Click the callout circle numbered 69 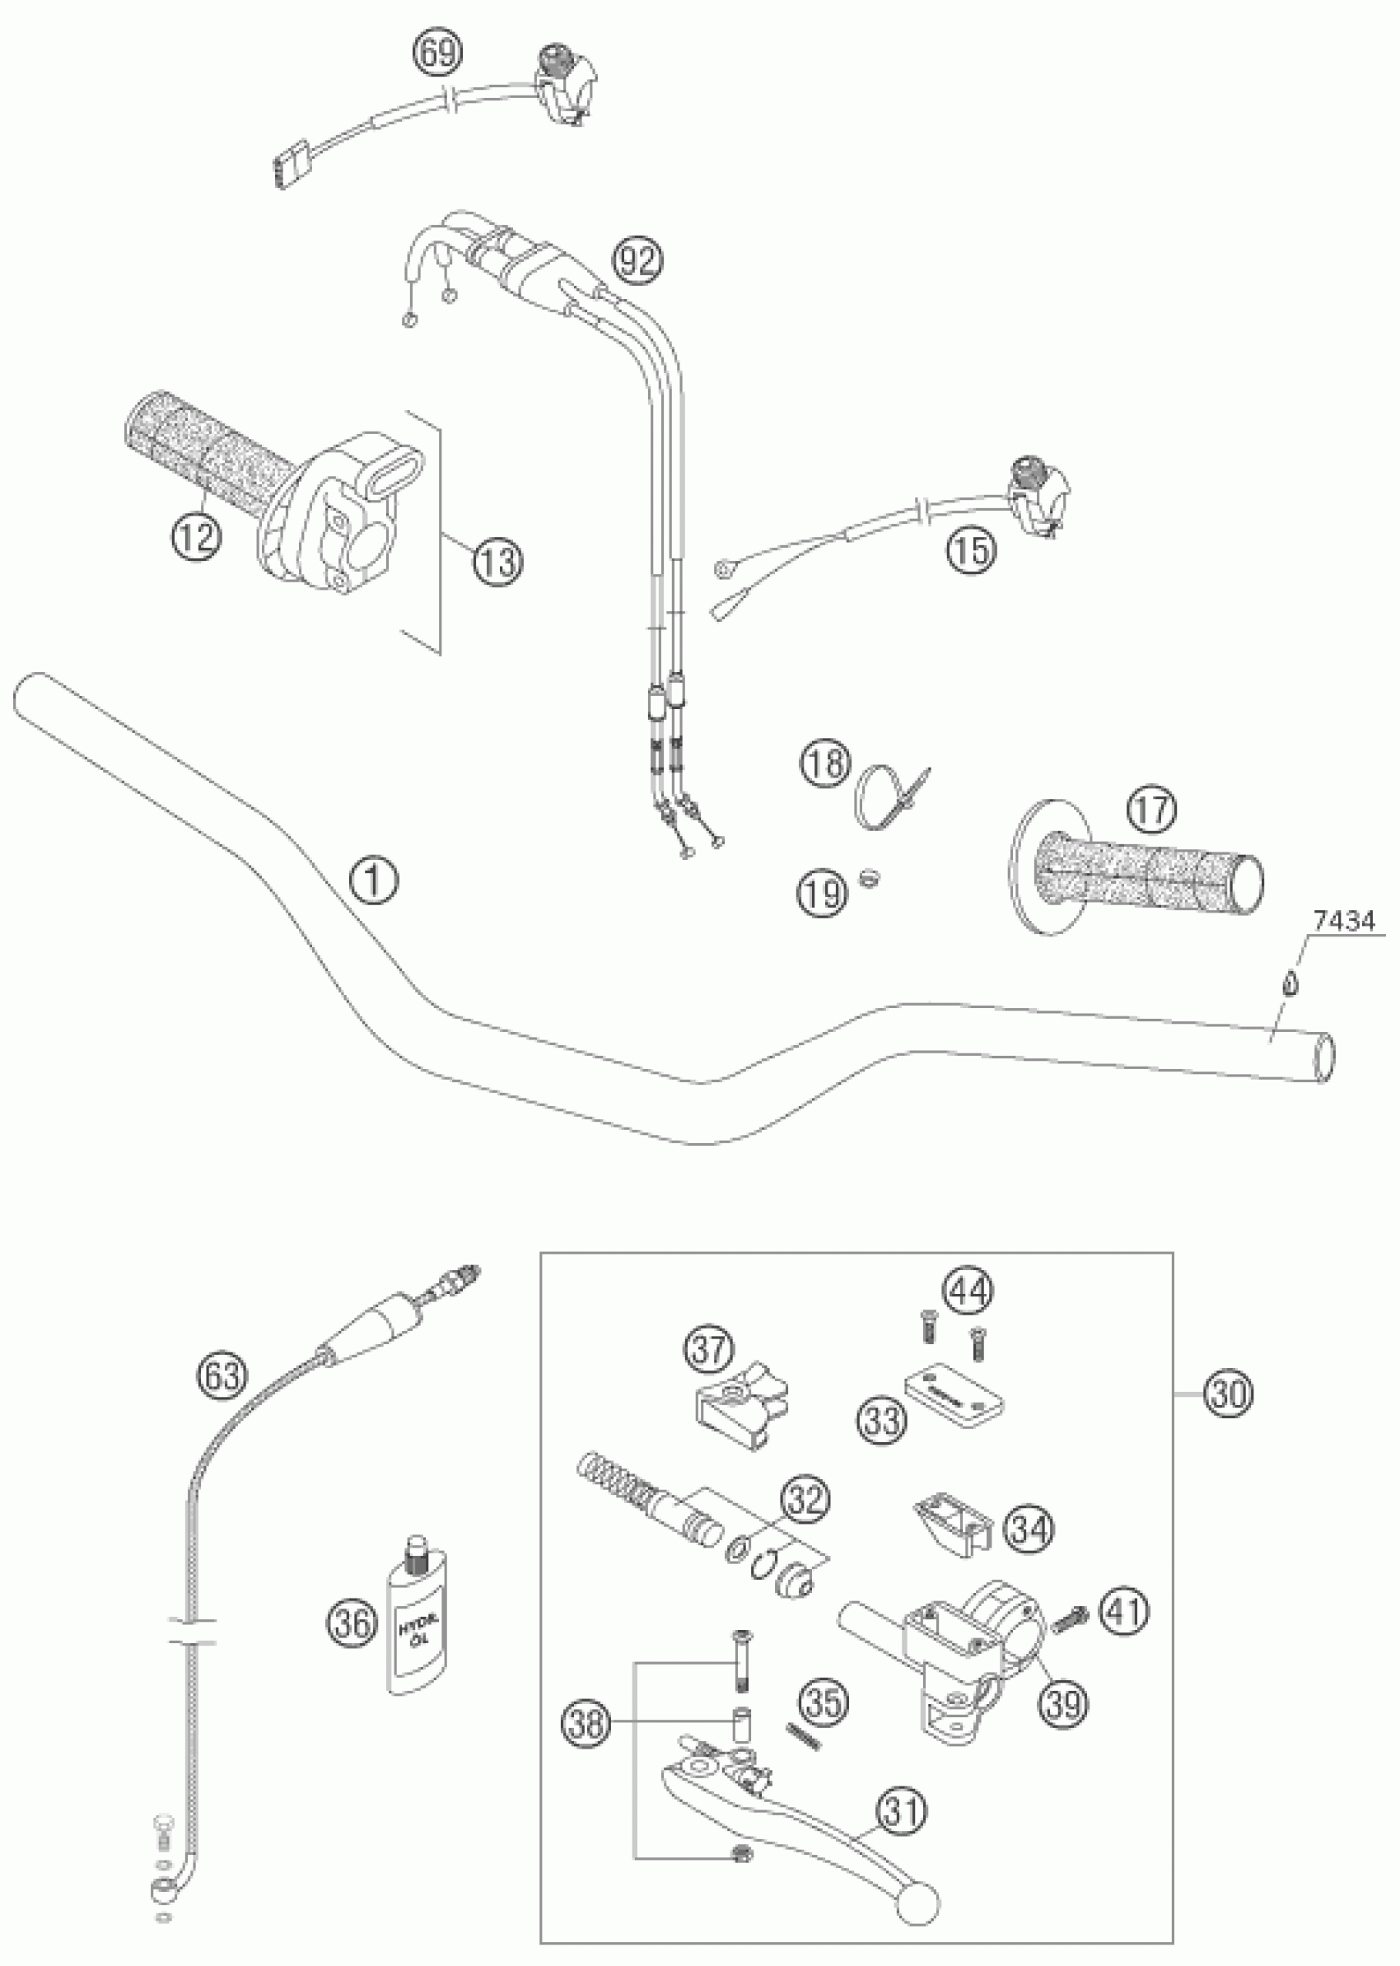point(437,54)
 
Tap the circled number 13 point(497,563)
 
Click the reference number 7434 point(1343,922)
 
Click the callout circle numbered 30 point(1228,1394)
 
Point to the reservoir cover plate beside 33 point(955,1396)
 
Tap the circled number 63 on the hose point(222,1375)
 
